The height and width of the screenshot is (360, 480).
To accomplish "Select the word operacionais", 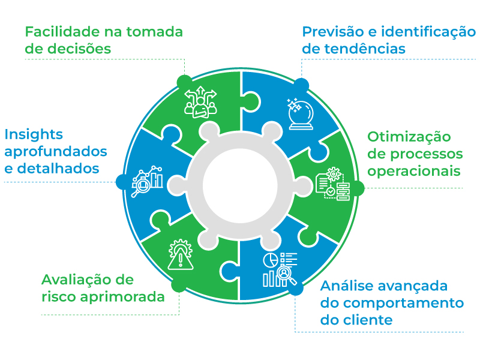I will click(414, 171).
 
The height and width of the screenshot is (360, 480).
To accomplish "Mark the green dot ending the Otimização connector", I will click(357, 188).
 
